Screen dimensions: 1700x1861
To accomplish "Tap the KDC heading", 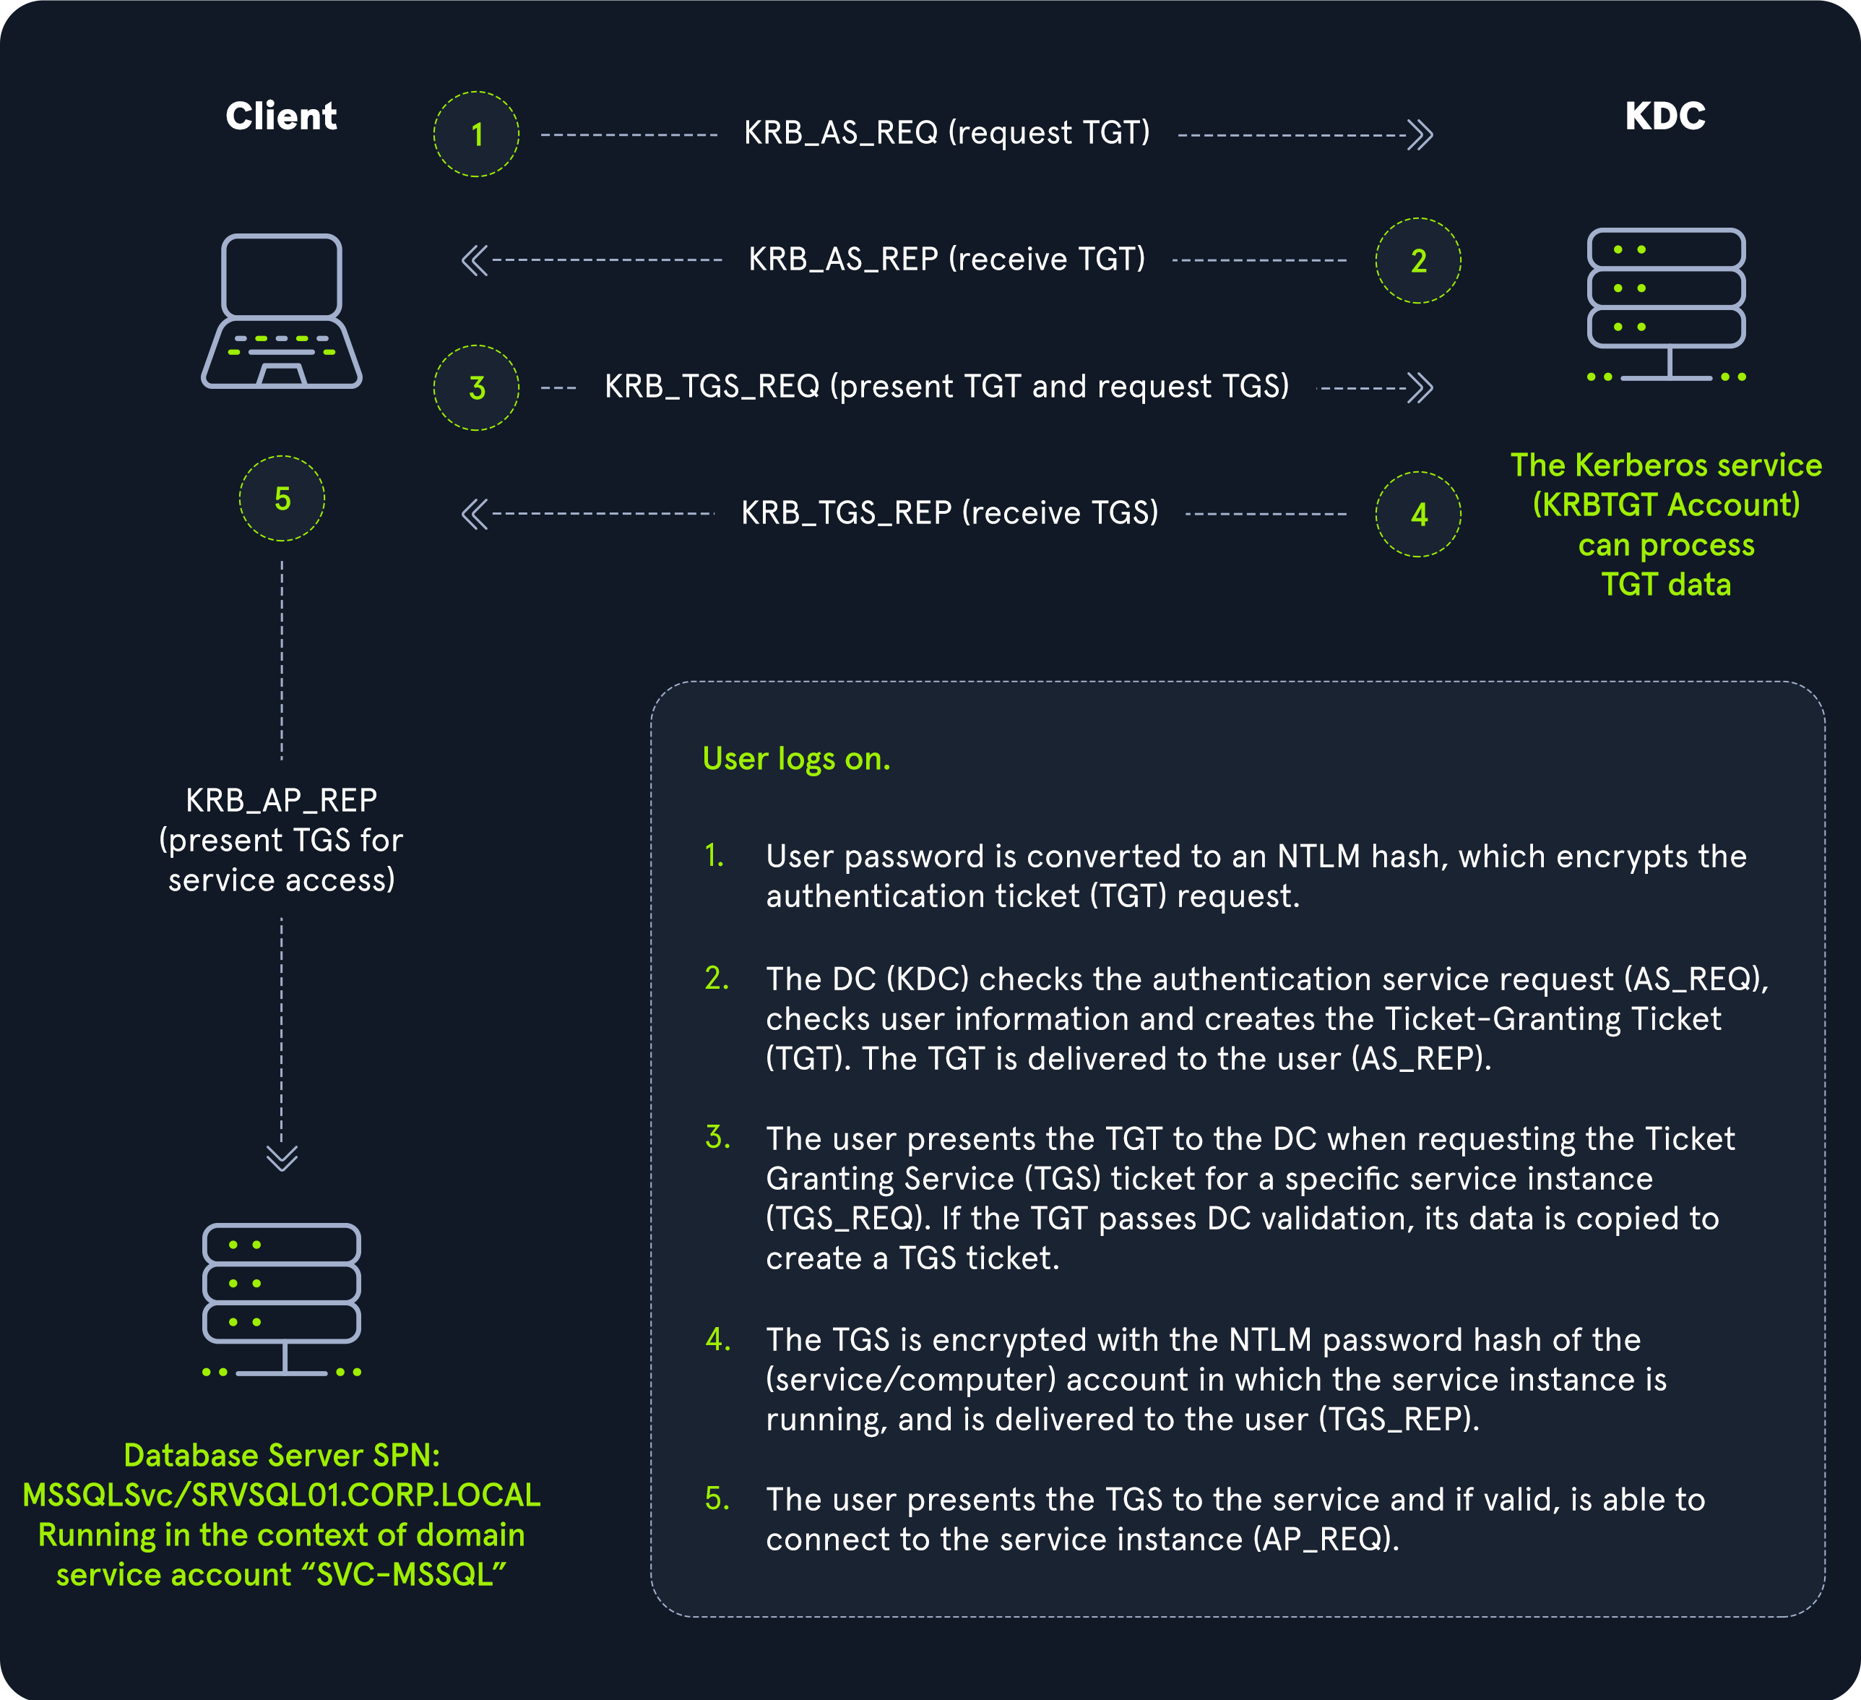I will click(1664, 116).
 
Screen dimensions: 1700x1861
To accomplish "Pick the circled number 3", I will click(476, 388).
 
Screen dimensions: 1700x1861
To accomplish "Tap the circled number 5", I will click(282, 499).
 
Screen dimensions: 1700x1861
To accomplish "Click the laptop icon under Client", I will click(282, 312).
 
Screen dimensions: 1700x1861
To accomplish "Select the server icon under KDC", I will click(1665, 305).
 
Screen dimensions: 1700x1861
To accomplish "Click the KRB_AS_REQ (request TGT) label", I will click(947, 133).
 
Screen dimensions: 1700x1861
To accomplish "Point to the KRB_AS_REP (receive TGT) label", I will click(947, 259).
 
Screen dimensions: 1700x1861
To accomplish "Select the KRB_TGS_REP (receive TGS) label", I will click(949, 512).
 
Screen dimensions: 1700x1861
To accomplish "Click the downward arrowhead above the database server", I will click(282, 1157).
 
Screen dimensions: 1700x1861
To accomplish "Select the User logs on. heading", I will click(795, 759).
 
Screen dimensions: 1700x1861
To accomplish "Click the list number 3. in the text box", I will click(717, 1137).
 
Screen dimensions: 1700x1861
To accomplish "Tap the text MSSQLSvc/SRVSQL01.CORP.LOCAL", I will click(282, 1495).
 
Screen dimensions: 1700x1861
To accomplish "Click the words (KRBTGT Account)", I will click(1665, 505).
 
